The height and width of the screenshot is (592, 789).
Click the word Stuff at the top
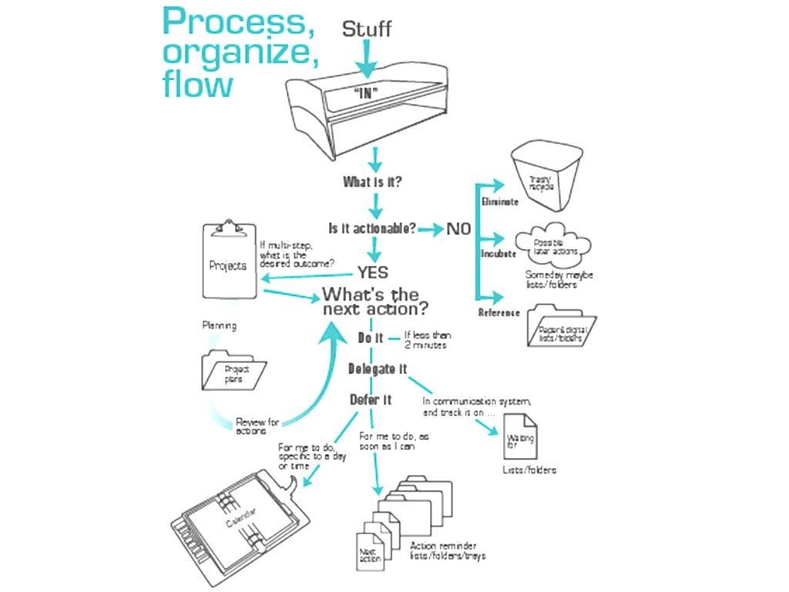[x=367, y=29]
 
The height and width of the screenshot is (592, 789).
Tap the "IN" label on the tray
[x=368, y=91]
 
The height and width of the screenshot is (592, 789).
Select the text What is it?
[x=372, y=183]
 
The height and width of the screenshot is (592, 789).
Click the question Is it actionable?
[x=373, y=228]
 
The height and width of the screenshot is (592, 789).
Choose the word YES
[x=372, y=272]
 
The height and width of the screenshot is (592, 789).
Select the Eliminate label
[x=499, y=202]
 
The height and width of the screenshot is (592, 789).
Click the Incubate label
[x=499, y=253]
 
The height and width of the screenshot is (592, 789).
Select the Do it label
[x=371, y=337]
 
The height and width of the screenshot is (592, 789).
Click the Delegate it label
[x=377, y=368]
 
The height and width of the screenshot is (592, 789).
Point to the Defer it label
[x=371, y=399]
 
